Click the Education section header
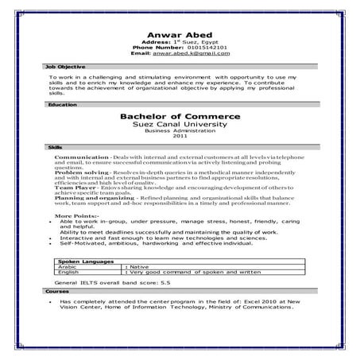tap(63, 105)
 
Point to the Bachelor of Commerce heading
tap(178, 116)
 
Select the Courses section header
tap(58, 292)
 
